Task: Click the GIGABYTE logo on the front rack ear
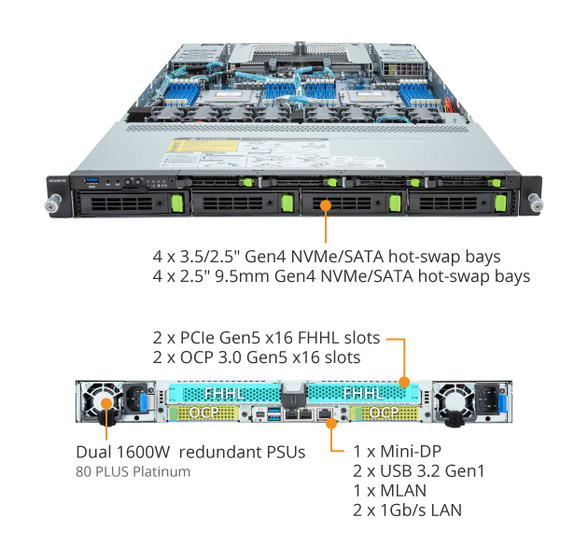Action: point(57,181)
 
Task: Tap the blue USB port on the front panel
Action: point(91,181)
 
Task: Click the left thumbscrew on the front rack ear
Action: point(53,203)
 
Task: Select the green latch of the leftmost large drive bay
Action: point(177,203)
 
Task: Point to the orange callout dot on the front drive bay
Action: point(326,205)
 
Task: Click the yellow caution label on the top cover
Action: point(203,146)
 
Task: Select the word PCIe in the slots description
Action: point(198,338)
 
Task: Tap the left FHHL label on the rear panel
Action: point(225,394)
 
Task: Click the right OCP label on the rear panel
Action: point(384,413)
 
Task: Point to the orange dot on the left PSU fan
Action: point(106,403)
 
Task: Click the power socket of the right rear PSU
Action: point(487,399)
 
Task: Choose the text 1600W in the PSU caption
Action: point(143,452)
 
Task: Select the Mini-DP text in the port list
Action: point(411,451)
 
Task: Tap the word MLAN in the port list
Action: point(403,491)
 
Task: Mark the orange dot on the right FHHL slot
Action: point(404,383)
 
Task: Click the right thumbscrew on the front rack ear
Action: point(535,202)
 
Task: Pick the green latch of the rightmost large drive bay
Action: point(500,203)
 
